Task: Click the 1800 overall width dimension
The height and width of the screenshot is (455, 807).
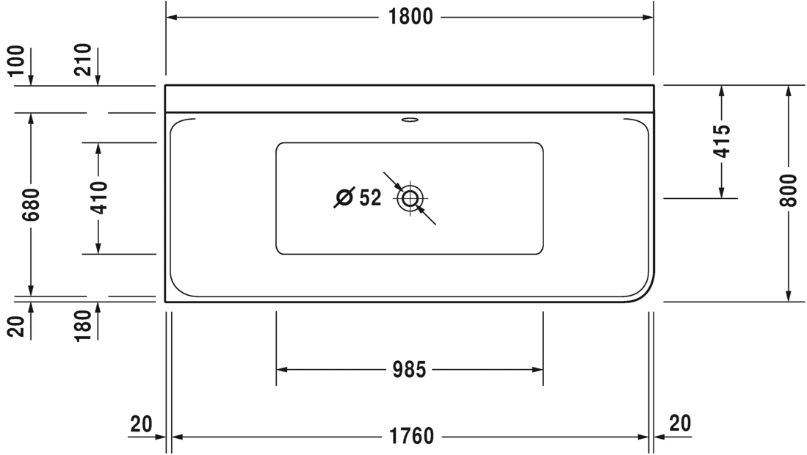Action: coord(410,17)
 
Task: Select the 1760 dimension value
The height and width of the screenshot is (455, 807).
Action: coord(411,437)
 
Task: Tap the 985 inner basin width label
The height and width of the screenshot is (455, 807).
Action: coord(409,370)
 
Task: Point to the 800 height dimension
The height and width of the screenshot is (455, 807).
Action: coord(788,190)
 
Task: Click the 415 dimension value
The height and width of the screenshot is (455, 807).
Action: coord(723,141)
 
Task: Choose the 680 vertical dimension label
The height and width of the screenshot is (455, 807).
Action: coord(31,205)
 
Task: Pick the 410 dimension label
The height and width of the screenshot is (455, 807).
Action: coord(98,198)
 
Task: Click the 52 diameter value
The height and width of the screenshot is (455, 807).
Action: coord(370,197)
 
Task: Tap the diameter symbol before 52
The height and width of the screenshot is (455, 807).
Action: coord(344,197)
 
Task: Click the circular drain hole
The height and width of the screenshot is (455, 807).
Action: coord(410,198)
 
